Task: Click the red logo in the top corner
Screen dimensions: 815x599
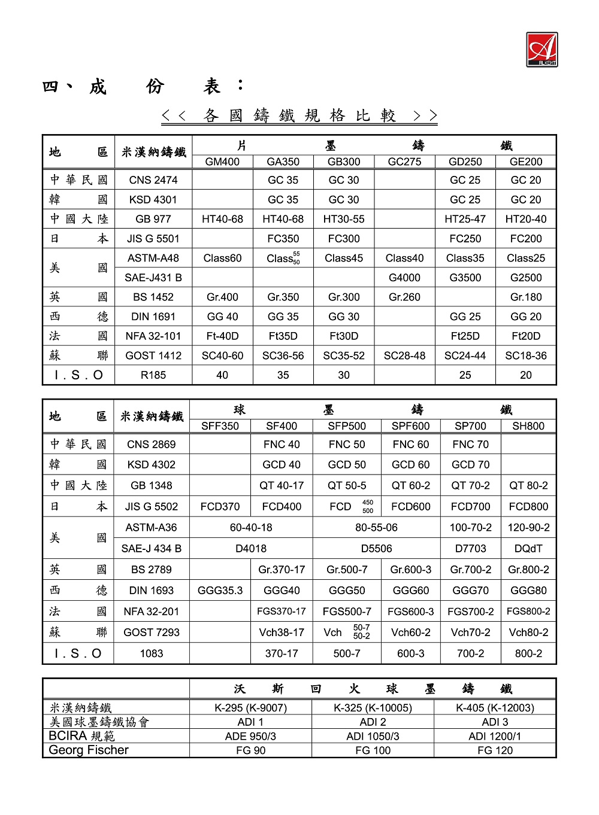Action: pyautogui.click(x=541, y=50)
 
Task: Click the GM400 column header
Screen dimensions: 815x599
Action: pyautogui.click(x=222, y=162)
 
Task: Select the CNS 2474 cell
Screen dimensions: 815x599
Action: pyautogui.click(x=153, y=180)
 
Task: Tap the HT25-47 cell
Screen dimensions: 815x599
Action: pyautogui.click(x=465, y=219)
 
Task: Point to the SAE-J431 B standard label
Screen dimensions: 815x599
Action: pyautogui.click(x=153, y=278)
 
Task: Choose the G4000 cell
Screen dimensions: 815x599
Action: pyautogui.click(x=404, y=278)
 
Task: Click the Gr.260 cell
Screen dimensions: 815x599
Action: pyautogui.click(x=404, y=297)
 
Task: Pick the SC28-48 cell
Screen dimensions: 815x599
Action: pyautogui.click(x=404, y=355)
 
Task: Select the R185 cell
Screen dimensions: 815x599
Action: pyautogui.click(x=153, y=375)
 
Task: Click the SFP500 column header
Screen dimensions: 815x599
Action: pyautogui.click(x=347, y=426)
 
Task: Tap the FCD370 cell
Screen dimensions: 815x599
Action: pyautogui.click(x=220, y=506)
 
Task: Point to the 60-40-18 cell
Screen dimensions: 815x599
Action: pyautogui.click(x=251, y=527)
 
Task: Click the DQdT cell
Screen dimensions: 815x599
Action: pyautogui.click(x=528, y=548)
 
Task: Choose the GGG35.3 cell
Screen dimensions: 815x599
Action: pyautogui.click(x=220, y=590)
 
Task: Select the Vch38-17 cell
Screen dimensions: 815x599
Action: pyautogui.click(x=282, y=632)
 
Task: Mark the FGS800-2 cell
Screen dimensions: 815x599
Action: pyautogui.click(x=528, y=611)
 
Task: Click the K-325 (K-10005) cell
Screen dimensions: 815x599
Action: pyautogui.click(x=373, y=708)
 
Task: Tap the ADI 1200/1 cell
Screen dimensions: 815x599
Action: pyautogui.click(x=495, y=736)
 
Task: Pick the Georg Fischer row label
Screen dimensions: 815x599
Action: pyautogui.click(x=89, y=750)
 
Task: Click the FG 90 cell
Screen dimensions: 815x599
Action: pyautogui.click(x=250, y=750)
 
